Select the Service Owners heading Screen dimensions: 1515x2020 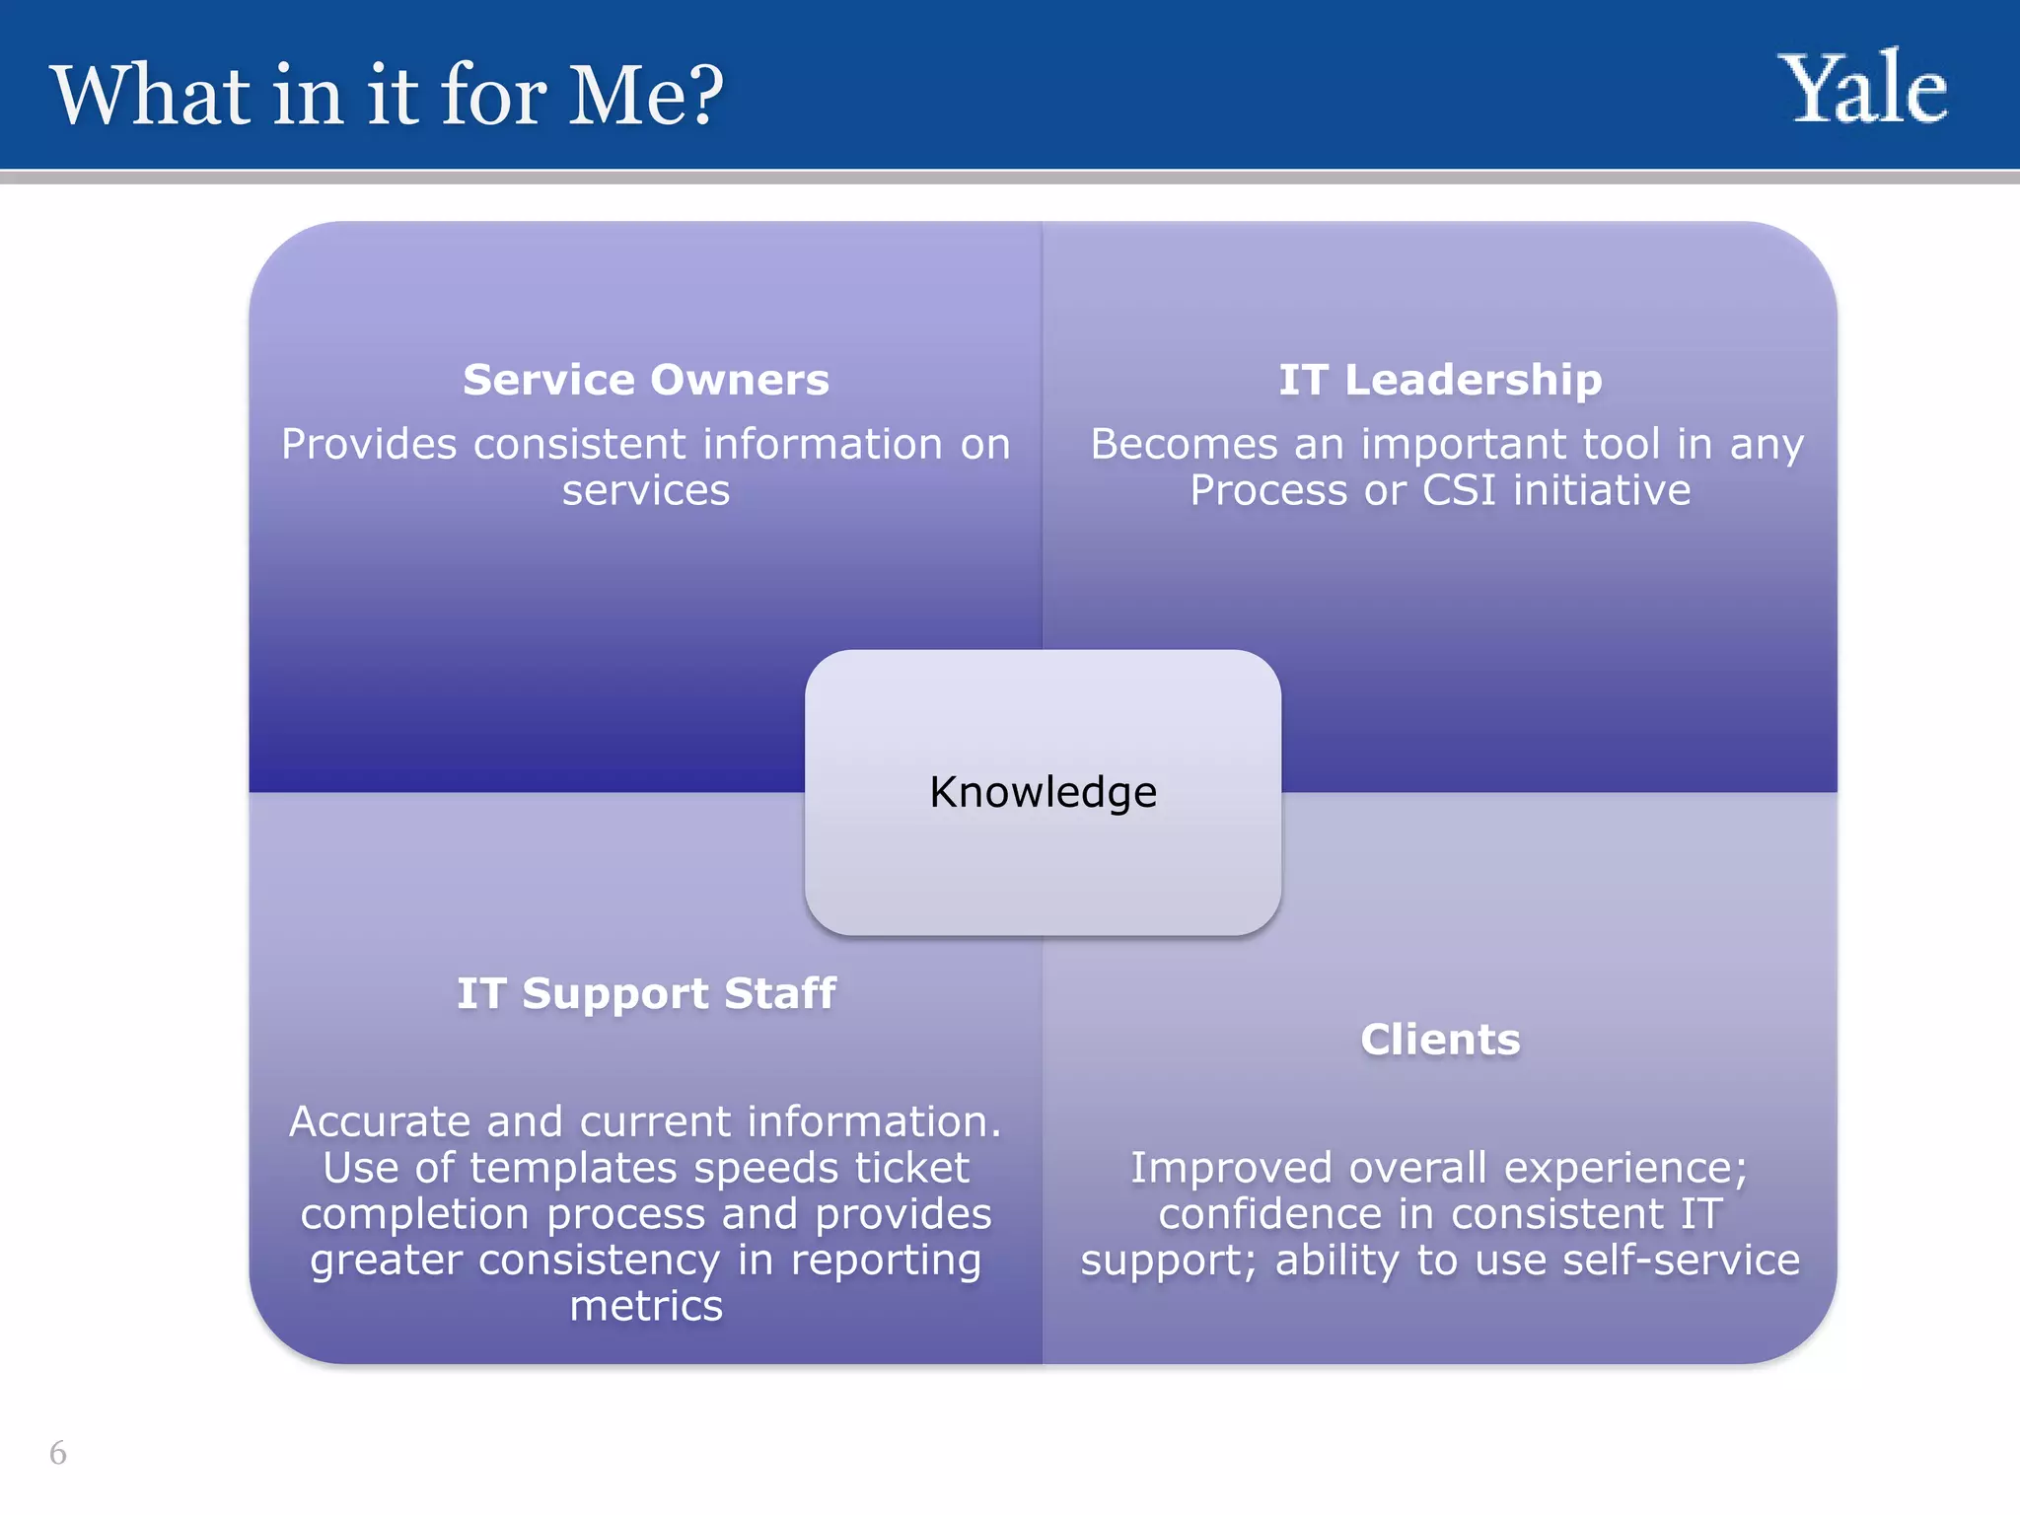tap(646, 380)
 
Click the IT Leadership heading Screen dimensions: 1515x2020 tap(1440, 380)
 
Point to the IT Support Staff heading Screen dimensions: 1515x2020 tap(646, 993)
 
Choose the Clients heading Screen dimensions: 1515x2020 tap(1440, 1040)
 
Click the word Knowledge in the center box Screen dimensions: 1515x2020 tap(1043, 792)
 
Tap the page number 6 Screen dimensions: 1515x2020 tap(58, 1453)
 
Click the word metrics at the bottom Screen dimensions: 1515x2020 tap(646, 1307)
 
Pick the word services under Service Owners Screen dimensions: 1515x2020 tap(646, 490)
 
